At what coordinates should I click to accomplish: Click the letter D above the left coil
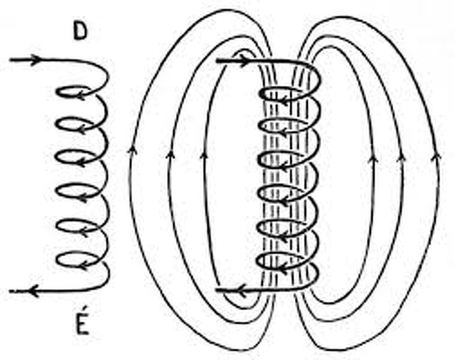click(x=80, y=32)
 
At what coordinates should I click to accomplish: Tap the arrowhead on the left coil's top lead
click(x=35, y=60)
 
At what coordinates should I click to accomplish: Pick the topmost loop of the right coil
click(x=280, y=94)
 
